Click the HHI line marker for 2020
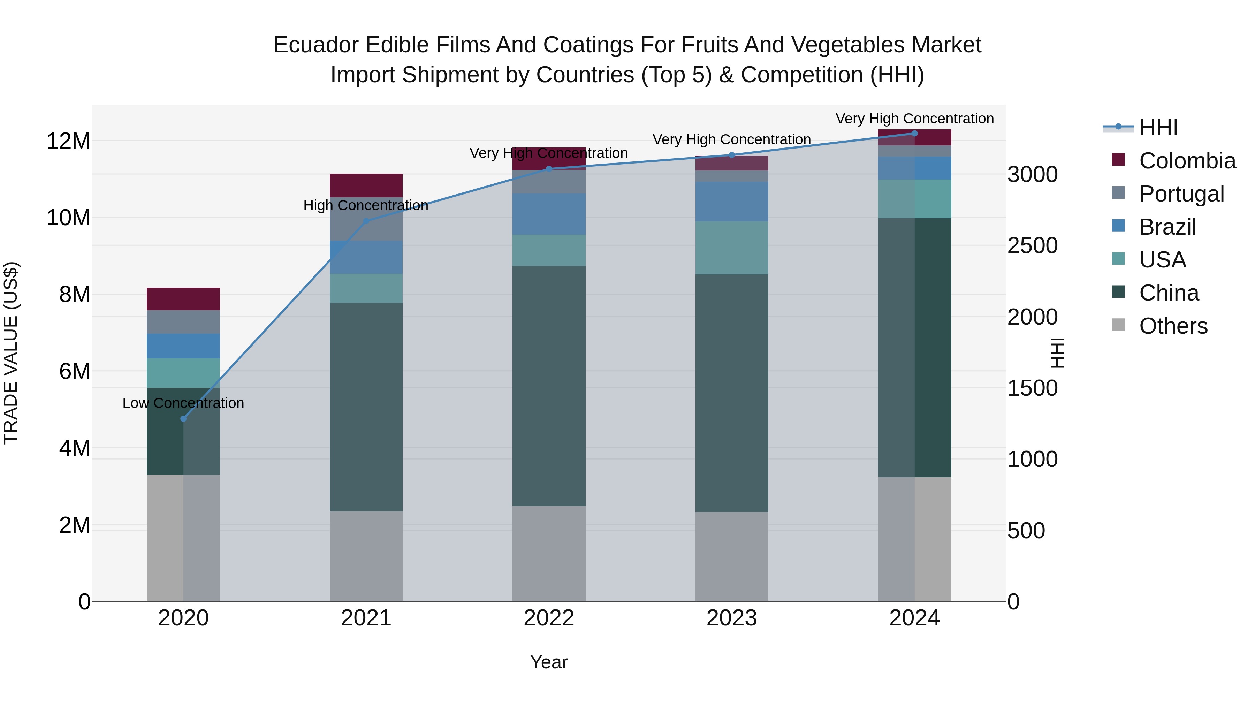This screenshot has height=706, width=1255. pyautogui.click(x=183, y=418)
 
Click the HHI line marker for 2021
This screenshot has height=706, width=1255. pyautogui.click(x=366, y=221)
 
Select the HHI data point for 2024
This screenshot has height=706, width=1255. pyautogui.click(x=914, y=133)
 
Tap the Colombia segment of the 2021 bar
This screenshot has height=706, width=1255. pyautogui.click(x=366, y=185)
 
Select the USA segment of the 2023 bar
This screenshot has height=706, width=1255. pyautogui.click(x=732, y=248)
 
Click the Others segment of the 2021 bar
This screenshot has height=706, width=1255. pyautogui.click(x=366, y=556)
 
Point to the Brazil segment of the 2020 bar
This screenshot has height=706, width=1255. pyautogui.click(x=183, y=346)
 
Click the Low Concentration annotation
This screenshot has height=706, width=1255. pyautogui.click(x=183, y=403)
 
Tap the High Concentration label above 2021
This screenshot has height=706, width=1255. pyautogui.click(x=366, y=205)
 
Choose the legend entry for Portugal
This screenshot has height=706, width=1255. pyautogui.click(x=1181, y=193)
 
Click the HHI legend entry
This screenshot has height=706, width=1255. pyautogui.click(x=1158, y=128)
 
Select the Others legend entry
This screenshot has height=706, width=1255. pyautogui.click(x=1173, y=326)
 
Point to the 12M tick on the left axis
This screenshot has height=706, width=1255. pyautogui.click(x=68, y=141)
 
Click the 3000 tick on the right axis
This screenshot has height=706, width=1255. pyautogui.click(x=1032, y=174)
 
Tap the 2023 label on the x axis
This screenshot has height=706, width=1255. pyautogui.click(x=732, y=618)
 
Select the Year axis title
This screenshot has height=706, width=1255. pyautogui.click(x=549, y=662)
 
